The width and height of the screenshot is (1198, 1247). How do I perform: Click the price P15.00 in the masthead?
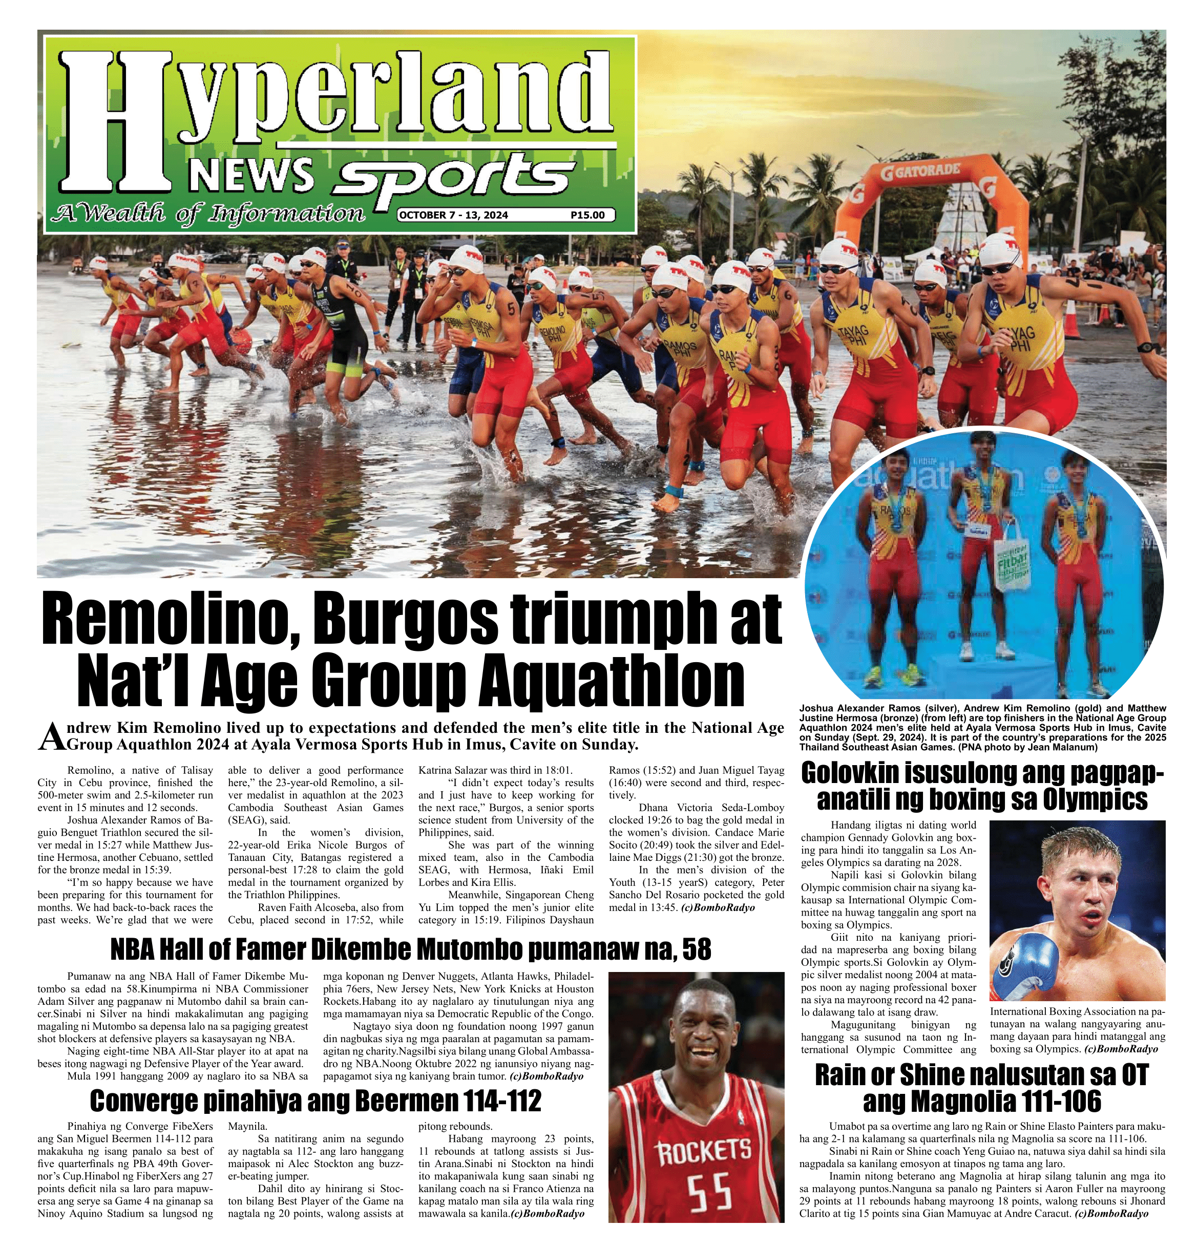click(587, 215)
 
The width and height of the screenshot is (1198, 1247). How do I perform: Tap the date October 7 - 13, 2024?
click(453, 215)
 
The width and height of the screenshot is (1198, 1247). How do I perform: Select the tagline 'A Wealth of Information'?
click(211, 214)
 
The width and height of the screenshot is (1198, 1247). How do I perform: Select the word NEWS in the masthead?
click(252, 175)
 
